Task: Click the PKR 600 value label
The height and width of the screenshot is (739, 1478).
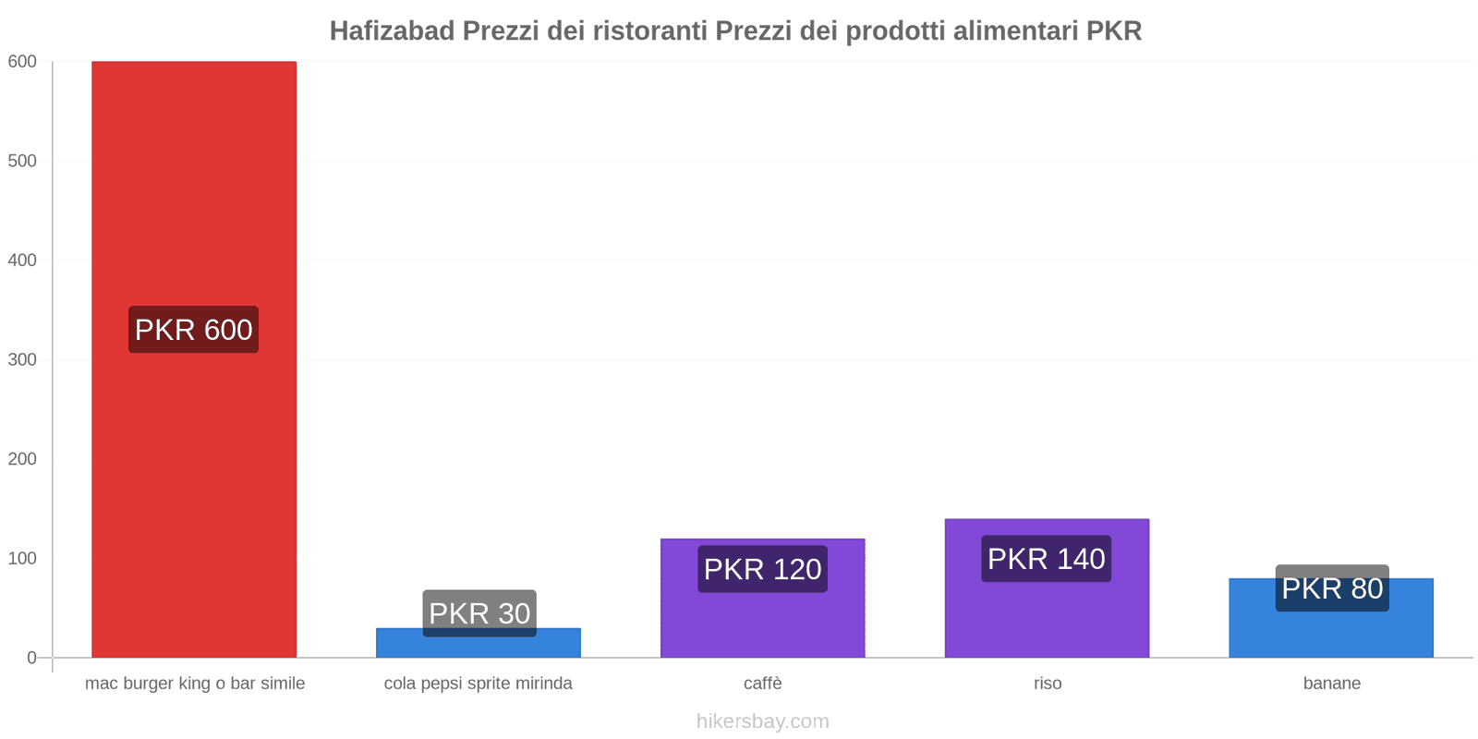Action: pyautogui.click(x=194, y=330)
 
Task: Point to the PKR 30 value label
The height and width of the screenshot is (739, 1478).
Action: pyautogui.click(x=479, y=612)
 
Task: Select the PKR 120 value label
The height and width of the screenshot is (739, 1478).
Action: pyautogui.click(x=762, y=569)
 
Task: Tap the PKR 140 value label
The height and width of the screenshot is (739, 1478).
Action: pyautogui.click(x=1047, y=559)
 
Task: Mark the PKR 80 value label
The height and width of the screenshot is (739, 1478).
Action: pyautogui.click(x=1332, y=588)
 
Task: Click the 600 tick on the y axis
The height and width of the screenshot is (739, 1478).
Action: pyautogui.click(x=22, y=62)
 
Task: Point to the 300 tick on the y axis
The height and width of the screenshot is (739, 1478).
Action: pyautogui.click(x=22, y=360)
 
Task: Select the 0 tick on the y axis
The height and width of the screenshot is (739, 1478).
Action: pyautogui.click(x=31, y=658)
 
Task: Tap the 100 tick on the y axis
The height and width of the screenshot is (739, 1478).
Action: pyautogui.click(x=22, y=559)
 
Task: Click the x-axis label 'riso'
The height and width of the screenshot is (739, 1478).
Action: pyautogui.click(x=1048, y=684)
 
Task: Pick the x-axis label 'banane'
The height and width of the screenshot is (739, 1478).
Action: pyautogui.click(x=1331, y=684)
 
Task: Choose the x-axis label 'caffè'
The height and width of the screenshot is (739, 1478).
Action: pyautogui.click(x=762, y=684)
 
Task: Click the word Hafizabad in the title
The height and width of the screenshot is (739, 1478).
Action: pyautogui.click(x=392, y=31)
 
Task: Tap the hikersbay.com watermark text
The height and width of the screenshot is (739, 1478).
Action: pyautogui.click(x=762, y=721)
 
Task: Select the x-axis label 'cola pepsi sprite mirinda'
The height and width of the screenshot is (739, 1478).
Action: pyautogui.click(x=479, y=684)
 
